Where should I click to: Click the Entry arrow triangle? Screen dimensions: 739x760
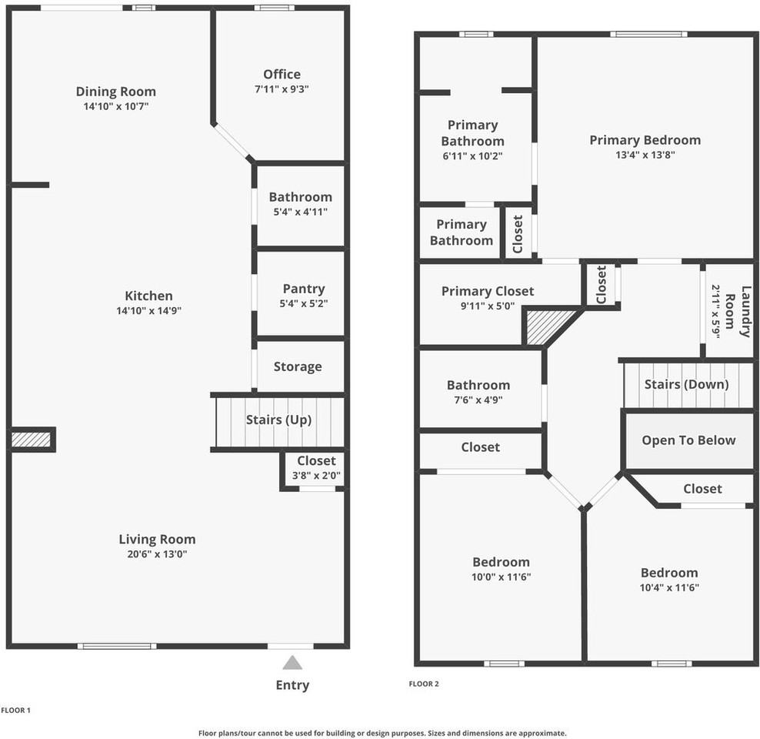(x=292, y=663)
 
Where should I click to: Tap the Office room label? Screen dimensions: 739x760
(x=282, y=75)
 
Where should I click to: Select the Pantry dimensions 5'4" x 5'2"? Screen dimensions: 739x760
(x=303, y=304)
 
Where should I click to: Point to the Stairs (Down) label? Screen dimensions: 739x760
(x=686, y=384)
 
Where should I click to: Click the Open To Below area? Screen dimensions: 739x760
(x=688, y=440)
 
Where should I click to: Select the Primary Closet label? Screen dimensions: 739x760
(x=487, y=291)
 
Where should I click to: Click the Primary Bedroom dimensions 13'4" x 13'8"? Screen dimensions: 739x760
(x=645, y=155)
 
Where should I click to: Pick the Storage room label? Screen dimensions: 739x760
(x=298, y=366)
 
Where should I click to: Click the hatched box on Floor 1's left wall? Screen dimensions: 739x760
(x=31, y=440)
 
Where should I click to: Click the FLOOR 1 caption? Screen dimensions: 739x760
(x=15, y=711)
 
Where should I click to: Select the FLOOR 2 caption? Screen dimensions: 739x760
(x=424, y=684)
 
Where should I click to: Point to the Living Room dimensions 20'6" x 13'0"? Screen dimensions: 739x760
(x=157, y=554)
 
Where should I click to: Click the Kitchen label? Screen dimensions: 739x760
(x=148, y=296)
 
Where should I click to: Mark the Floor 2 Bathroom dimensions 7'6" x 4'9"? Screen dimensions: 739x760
(x=478, y=400)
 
